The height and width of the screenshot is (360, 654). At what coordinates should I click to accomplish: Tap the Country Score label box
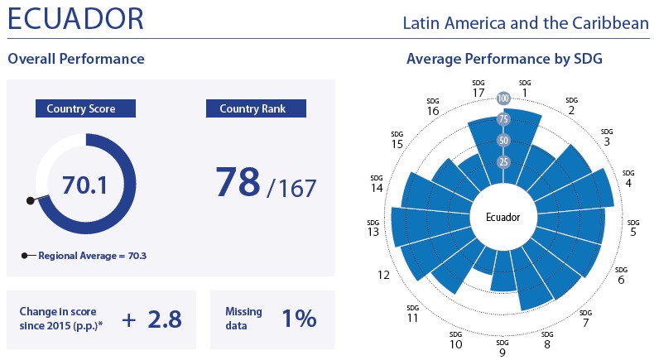(80, 108)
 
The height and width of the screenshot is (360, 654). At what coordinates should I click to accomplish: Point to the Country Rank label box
(256, 108)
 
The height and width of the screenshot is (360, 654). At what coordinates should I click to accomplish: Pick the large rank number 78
(238, 182)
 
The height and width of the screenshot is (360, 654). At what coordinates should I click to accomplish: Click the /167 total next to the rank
(291, 188)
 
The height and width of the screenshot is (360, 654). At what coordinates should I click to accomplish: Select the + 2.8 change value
(151, 319)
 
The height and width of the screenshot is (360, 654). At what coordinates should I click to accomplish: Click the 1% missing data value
(297, 319)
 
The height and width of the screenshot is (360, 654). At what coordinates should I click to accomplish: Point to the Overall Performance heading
(76, 60)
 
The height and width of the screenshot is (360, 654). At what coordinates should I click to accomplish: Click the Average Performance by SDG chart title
(504, 60)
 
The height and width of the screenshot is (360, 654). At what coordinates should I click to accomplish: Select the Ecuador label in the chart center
(503, 218)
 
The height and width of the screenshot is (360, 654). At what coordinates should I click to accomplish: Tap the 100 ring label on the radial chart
(503, 98)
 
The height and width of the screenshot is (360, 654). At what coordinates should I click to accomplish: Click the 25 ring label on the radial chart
(503, 161)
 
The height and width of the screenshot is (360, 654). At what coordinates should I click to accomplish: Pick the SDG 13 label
(373, 228)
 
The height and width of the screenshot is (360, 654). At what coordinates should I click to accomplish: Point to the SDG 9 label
(502, 348)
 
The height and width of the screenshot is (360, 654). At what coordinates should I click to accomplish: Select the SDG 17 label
(478, 88)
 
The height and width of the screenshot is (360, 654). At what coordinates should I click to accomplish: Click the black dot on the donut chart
(31, 200)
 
